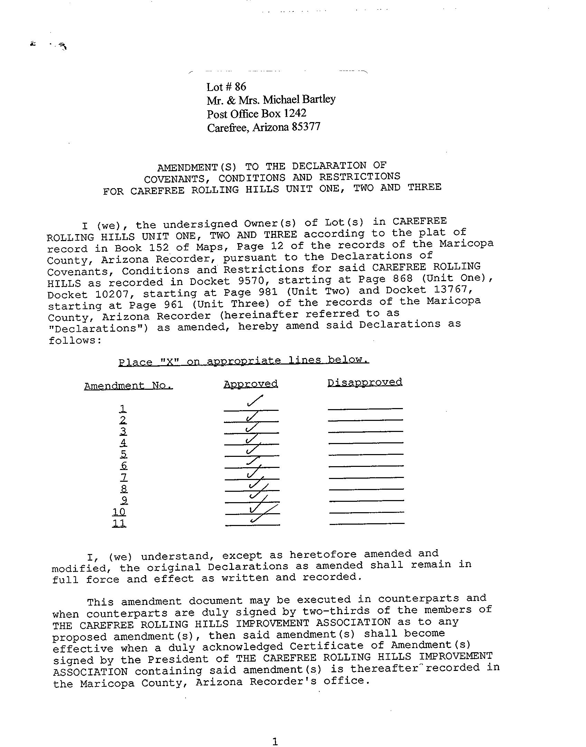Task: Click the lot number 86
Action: pos(240,86)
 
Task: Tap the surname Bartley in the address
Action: pos(319,99)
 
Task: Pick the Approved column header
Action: pos(251,384)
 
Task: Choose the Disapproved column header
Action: pos(365,382)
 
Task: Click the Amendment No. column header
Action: pos(128,386)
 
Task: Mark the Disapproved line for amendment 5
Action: pos(366,454)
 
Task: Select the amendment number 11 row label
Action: pos(119,523)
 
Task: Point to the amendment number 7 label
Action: pos(124,477)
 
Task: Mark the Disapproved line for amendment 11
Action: pos(367,524)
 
